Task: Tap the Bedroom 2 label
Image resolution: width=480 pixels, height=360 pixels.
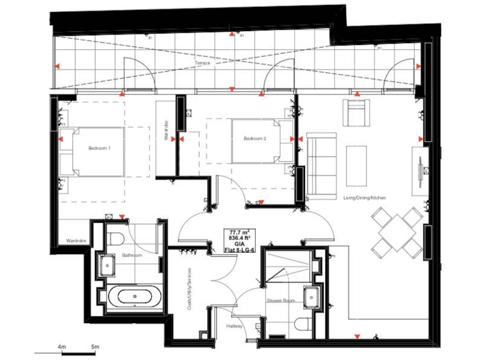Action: [255, 138]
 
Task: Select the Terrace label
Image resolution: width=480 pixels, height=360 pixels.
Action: [201, 63]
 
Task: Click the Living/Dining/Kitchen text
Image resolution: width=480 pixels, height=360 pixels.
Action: [364, 197]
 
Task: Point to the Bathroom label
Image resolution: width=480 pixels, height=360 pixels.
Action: [132, 255]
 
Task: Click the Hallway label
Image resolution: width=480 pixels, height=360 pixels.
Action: [235, 326]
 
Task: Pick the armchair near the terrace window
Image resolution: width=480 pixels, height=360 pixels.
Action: [358, 112]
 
